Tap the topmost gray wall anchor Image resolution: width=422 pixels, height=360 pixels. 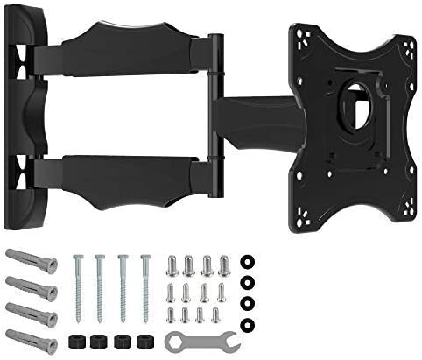(32, 261)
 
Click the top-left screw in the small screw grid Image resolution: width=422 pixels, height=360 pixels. (172, 265)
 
